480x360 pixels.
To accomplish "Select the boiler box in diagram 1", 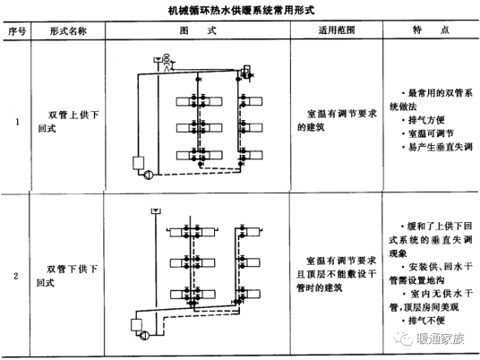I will (x=137, y=164).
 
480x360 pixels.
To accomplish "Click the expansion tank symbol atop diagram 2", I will (x=154, y=211).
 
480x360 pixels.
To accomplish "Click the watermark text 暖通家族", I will (x=439, y=339).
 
